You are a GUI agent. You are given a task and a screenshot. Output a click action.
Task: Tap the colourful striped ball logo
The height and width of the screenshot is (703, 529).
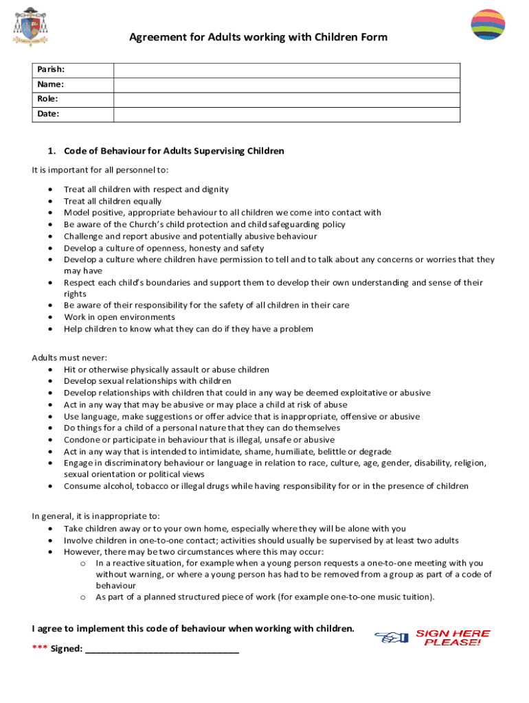tap(488, 25)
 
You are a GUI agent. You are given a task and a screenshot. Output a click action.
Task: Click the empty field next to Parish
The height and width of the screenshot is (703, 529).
tap(286, 70)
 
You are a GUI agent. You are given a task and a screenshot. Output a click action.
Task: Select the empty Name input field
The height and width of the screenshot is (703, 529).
tap(286, 84)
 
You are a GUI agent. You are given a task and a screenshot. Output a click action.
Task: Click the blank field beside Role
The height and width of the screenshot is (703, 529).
tap(286, 99)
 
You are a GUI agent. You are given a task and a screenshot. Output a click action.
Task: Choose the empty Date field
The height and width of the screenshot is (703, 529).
tap(286, 114)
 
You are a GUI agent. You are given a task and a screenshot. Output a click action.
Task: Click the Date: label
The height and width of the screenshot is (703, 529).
tap(48, 114)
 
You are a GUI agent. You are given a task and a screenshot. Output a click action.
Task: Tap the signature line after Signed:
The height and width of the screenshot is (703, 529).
tap(161, 649)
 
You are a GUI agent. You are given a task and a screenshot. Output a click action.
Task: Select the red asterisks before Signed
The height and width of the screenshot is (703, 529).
tap(40, 649)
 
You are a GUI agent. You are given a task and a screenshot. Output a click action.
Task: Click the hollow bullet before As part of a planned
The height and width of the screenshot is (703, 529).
tap(82, 597)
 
